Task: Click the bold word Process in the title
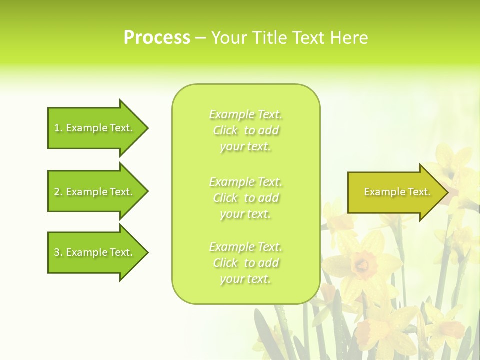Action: (x=157, y=37)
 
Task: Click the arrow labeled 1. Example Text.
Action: (x=95, y=128)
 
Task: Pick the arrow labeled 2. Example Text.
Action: (x=95, y=192)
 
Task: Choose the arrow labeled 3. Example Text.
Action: (x=95, y=252)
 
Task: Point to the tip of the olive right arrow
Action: (x=447, y=192)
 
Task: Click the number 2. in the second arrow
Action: (x=58, y=192)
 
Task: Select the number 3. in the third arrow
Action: (x=58, y=252)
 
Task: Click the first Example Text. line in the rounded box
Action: (x=246, y=114)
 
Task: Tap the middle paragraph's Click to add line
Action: (x=246, y=198)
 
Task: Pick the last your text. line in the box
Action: (x=245, y=279)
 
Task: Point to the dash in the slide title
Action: (x=200, y=38)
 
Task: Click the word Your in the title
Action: (x=228, y=37)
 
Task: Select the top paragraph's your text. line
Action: (x=245, y=146)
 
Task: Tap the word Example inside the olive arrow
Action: (x=381, y=192)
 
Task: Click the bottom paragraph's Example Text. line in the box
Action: (x=246, y=247)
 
